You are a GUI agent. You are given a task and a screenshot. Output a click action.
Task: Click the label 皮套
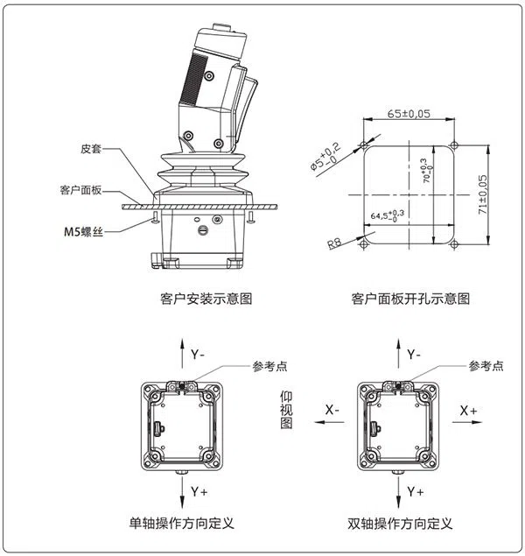click(92, 150)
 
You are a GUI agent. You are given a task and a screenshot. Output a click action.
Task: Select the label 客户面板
click(80, 189)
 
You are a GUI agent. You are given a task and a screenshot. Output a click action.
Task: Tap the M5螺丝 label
click(84, 231)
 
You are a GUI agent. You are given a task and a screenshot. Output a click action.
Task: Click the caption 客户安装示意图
click(206, 299)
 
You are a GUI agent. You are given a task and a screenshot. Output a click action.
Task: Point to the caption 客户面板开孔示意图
click(410, 299)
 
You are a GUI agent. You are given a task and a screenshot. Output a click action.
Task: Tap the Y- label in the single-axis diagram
click(198, 355)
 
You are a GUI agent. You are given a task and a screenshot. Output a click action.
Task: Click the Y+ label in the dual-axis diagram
click(415, 493)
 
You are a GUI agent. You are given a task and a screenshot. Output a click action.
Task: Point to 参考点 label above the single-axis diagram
click(269, 366)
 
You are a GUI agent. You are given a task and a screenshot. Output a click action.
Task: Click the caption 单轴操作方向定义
click(181, 524)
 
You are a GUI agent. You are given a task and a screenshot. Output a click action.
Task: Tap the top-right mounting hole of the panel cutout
click(454, 144)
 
